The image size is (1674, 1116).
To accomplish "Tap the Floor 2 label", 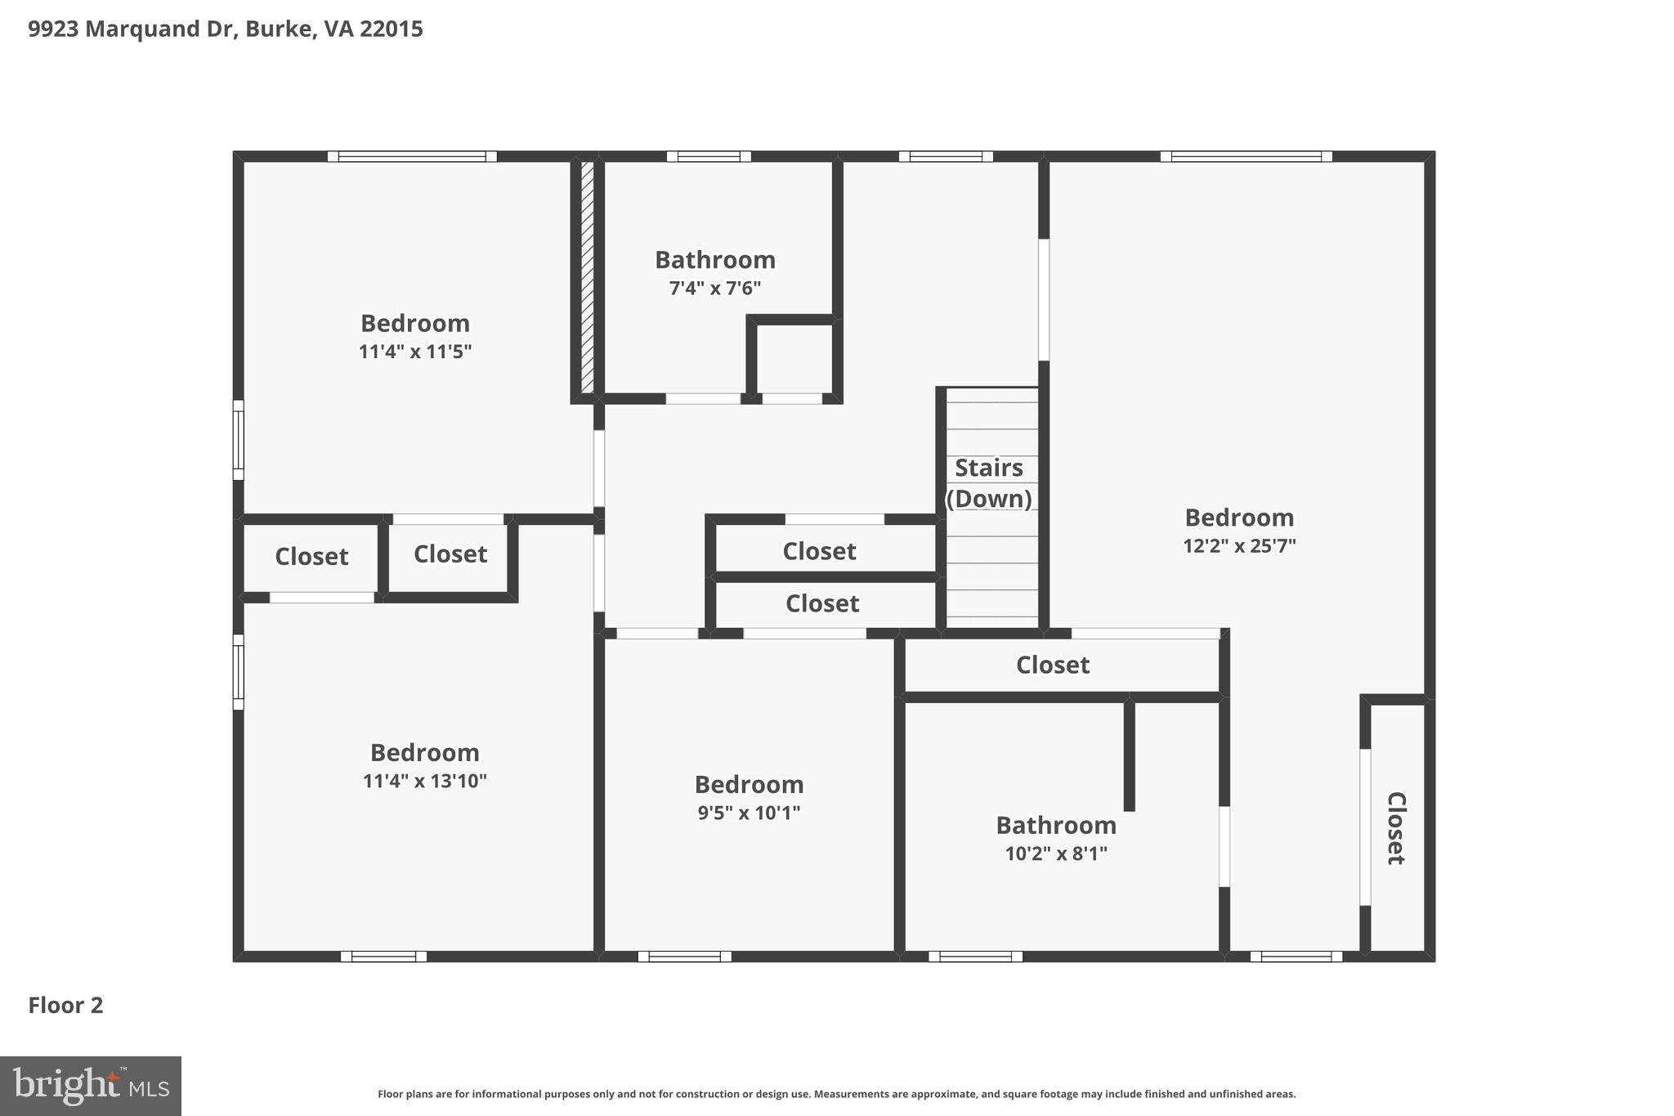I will [x=65, y=1005].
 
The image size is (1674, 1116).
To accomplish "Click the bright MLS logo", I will [x=90, y=1086].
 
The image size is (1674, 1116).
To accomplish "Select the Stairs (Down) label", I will [x=989, y=482].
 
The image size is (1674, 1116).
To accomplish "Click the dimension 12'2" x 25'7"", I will [x=1239, y=546].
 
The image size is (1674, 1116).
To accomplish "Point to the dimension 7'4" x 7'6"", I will [x=715, y=289].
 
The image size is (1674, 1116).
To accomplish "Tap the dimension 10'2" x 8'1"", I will [x=1056, y=854].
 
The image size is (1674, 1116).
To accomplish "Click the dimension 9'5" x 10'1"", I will [x=749, y=813].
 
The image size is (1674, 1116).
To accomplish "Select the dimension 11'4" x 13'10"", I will [x=424, y=782].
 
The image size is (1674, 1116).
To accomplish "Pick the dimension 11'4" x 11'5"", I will [x=415, y=352].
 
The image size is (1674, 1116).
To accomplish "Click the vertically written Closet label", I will [x=1396, y=827].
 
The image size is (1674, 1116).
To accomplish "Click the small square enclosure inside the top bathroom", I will [x=794, y=359].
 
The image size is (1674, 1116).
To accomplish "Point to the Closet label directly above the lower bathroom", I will [x=1053, y=665].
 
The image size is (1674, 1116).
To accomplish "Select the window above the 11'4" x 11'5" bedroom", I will [x=412, y=156].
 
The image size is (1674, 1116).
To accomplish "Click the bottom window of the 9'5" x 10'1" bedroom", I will [x=684, y=956].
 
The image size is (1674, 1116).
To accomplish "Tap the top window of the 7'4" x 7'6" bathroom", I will [x=709, y=156].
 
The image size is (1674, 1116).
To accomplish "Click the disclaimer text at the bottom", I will [x=836, y=1094].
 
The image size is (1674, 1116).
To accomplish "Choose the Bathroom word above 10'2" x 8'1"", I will [x=1056, y=825].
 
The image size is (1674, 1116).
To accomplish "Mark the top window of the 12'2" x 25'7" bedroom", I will [x=1246, y=156].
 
